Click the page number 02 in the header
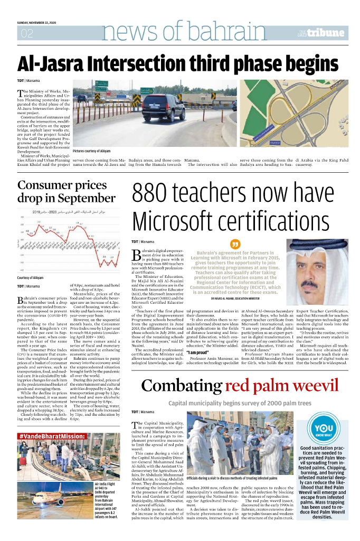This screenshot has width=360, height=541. tap(26, 34)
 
